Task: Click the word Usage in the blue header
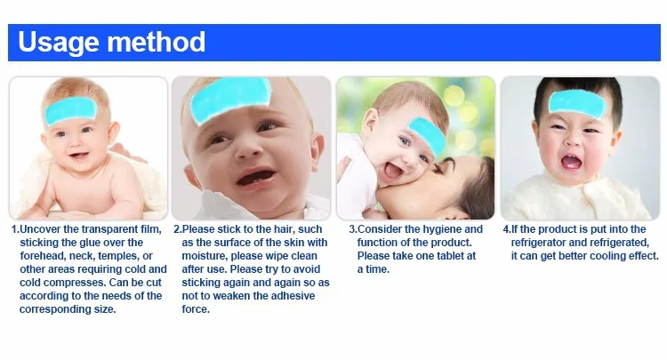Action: [59, 43]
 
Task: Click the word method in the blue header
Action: [156, 42]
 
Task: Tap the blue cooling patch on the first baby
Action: [66, 110]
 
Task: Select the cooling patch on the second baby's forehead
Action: [229, 100]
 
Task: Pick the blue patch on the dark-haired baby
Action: [576, 103]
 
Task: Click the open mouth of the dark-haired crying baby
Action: [571, 163]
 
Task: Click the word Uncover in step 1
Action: [40, 229]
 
